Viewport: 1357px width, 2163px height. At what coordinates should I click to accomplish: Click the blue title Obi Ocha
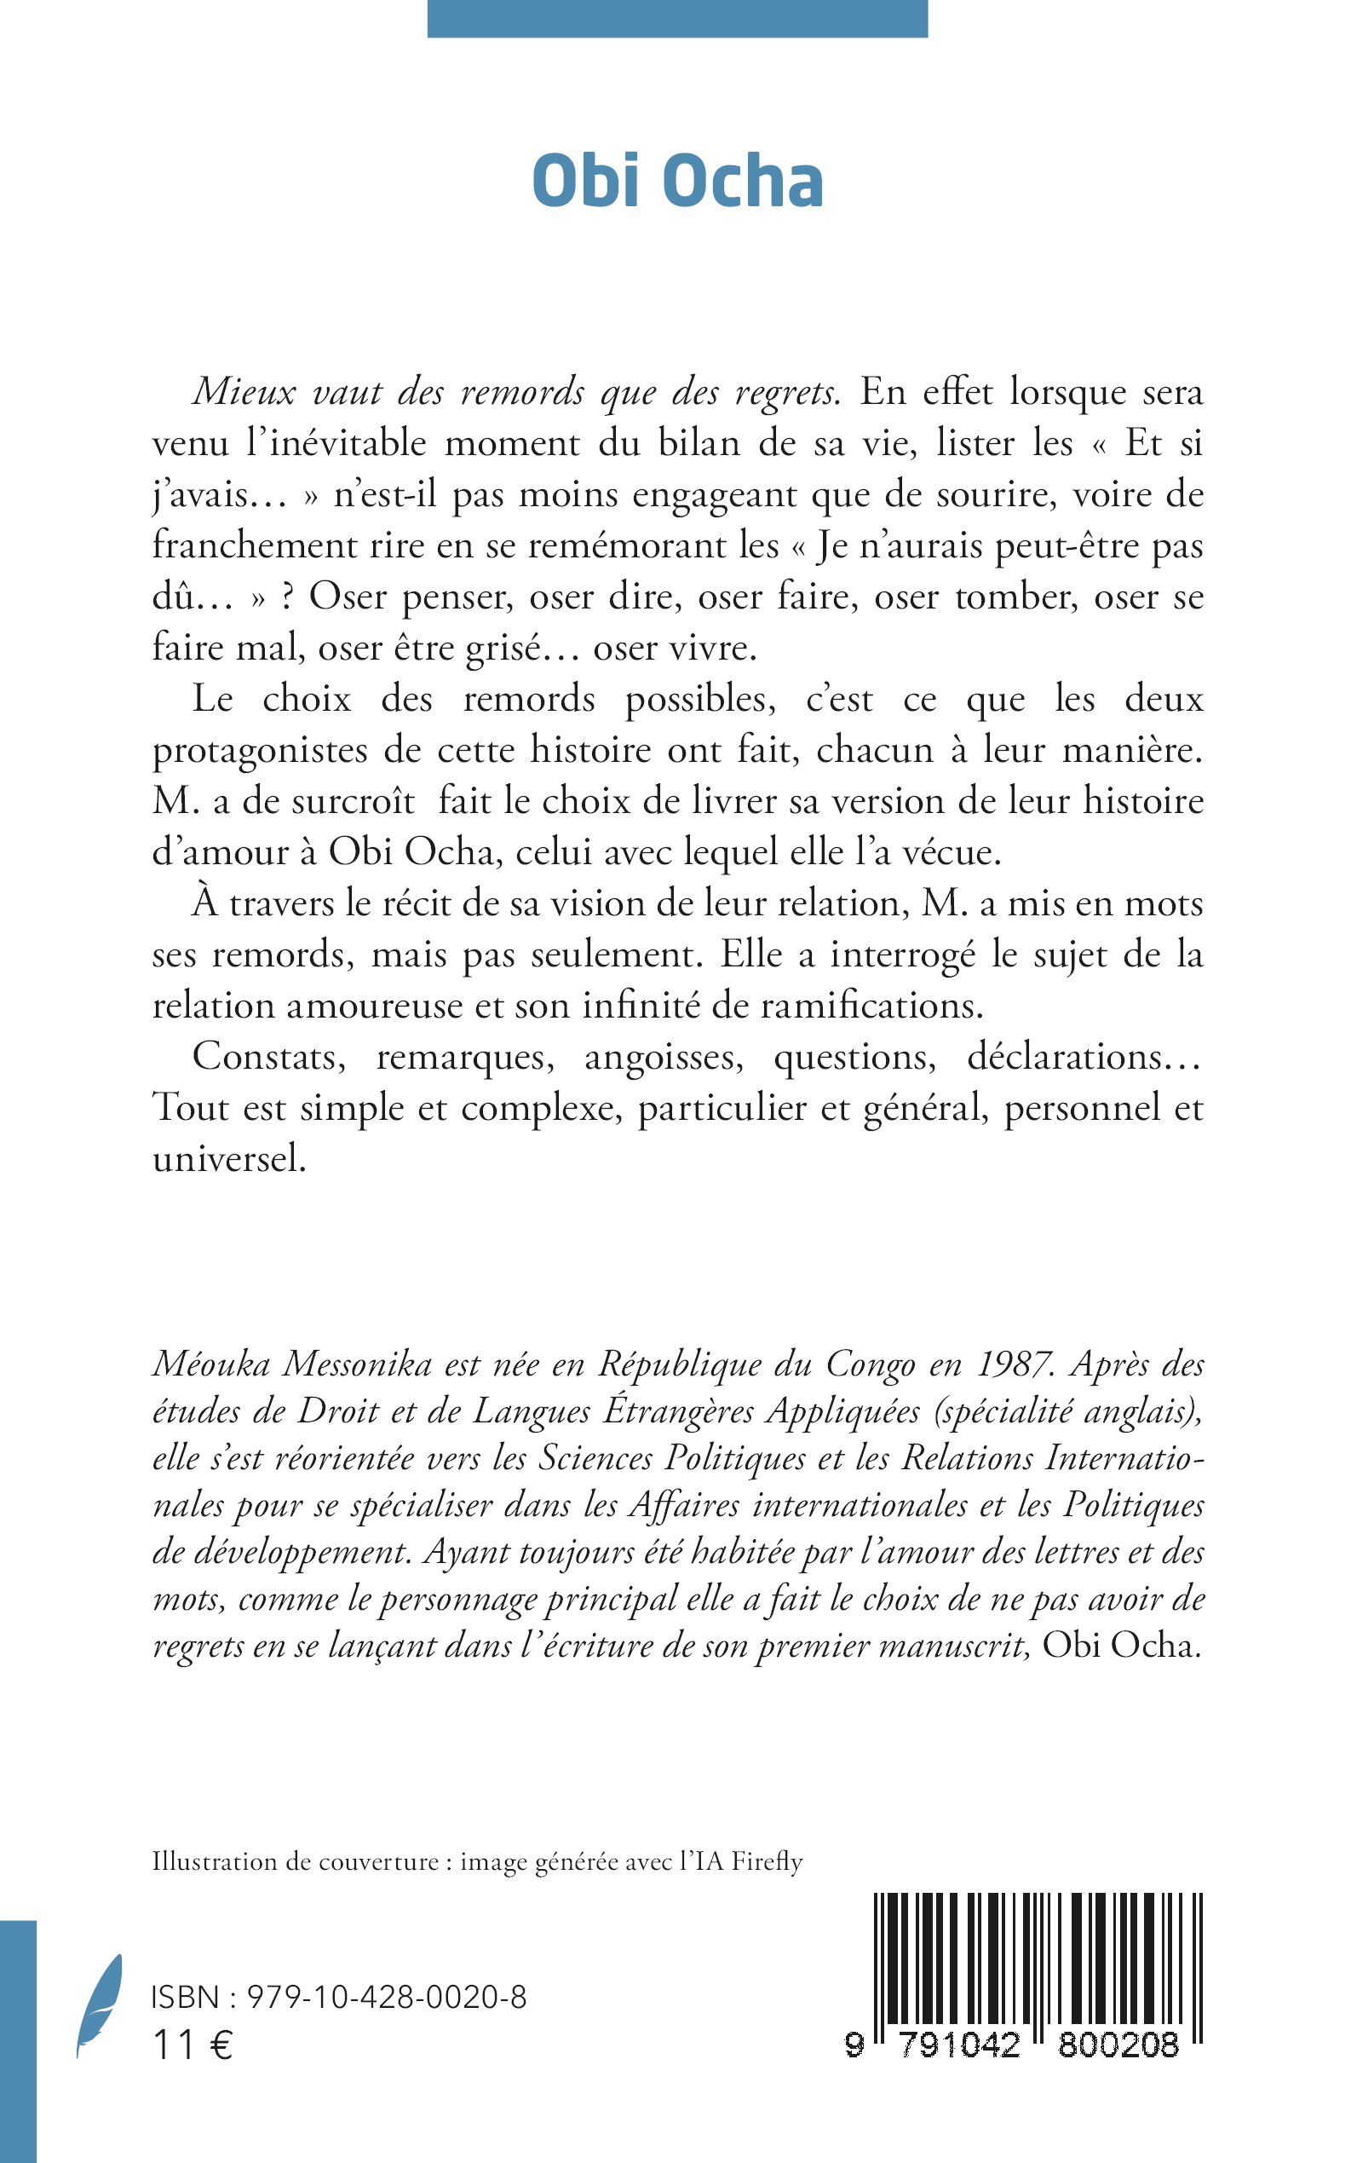[677, 182]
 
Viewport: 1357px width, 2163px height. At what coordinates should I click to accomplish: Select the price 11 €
[193, 2045]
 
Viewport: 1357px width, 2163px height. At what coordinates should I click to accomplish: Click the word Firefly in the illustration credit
[766, 1862]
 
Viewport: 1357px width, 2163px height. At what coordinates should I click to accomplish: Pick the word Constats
[269, 1057]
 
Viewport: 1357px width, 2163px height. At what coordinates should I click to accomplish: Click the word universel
[230, 1159]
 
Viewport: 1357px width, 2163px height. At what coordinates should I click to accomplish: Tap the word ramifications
[872, 1006]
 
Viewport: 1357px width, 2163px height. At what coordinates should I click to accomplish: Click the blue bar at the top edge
[677, 18]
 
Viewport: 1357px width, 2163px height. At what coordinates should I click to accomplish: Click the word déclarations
[1084, 1057]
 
